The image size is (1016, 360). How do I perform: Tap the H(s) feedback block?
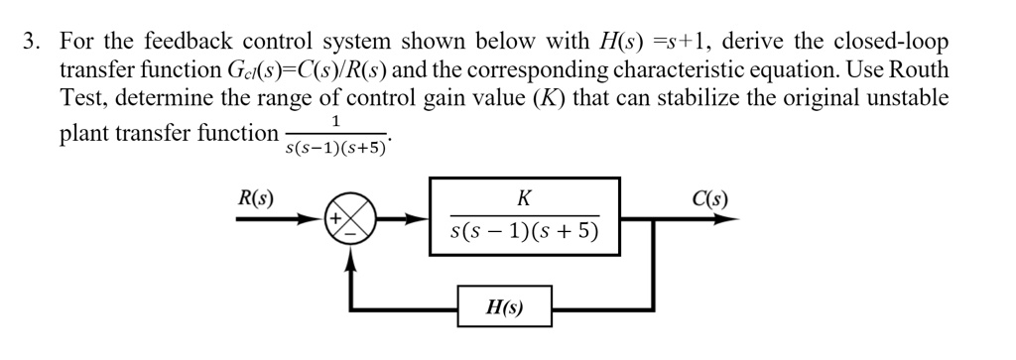(x=504, y=308)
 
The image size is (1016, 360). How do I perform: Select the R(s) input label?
(x=256, y=197)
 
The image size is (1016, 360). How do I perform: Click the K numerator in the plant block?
(x=524, y=198)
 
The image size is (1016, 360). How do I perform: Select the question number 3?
(x=32, y=43)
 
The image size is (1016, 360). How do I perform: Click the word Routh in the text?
(x=922, y=70)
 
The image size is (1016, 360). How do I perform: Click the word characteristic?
(x=607, y=70)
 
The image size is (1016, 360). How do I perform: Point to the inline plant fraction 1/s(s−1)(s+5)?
(x=337, y=135)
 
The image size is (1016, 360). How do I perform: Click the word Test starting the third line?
(x=83, y=98)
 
